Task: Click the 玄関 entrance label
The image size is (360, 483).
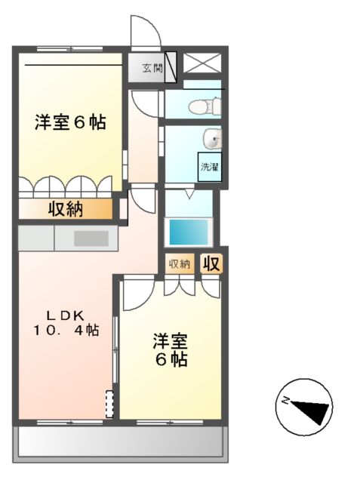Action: click(151, 68)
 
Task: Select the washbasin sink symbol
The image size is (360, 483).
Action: click(214, 138)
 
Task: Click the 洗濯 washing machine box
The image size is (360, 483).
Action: click(209, 167)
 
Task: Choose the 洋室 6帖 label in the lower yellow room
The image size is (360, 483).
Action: click(171, 349)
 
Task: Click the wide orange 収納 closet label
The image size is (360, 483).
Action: click(66, 209)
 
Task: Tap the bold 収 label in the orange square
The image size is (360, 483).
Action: click(211, 263)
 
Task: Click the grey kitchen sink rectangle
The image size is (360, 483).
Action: click(91, 238)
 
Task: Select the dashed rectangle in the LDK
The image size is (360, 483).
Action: click(109, 404)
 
